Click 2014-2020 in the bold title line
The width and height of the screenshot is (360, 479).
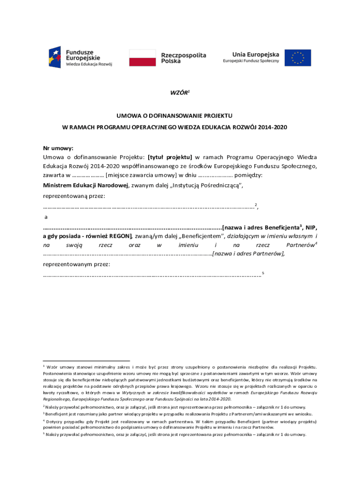(271, 127)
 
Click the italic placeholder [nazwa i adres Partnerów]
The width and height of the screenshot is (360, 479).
(248, 254)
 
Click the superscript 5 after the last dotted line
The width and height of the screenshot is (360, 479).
(264, 272)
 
